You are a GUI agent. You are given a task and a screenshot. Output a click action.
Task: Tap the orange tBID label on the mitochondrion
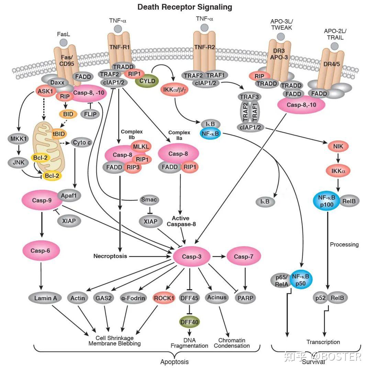59,134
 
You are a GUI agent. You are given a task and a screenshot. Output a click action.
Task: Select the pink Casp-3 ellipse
190,257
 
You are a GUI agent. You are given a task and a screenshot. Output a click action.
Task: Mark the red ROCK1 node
164,298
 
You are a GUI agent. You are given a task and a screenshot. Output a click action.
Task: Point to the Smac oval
149,199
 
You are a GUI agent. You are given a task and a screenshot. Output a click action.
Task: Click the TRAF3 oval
249,97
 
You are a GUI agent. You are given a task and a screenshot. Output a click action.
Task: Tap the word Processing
344,244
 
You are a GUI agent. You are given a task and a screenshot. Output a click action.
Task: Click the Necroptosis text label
110,256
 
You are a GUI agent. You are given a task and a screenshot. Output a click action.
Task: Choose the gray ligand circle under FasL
63,42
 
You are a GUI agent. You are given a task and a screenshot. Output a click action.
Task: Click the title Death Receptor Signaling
185,7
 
